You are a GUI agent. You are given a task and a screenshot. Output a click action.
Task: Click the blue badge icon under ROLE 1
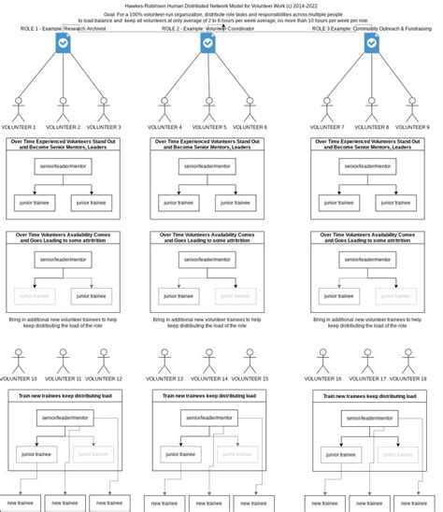tap(64, 43)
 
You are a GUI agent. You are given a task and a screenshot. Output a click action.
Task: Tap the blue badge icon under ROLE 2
tap(207, 43)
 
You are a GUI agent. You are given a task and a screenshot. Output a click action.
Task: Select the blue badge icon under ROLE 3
tap(371, 43)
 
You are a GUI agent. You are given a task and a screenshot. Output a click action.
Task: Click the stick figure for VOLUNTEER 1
tap(19, 107)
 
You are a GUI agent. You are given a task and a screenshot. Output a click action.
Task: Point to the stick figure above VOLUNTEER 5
tap(207, 107)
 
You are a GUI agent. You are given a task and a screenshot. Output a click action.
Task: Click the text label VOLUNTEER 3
tap(103, 127)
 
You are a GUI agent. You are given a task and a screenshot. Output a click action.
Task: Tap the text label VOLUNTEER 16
tap(326, 378)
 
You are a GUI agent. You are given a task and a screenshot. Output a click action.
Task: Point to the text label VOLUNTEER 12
tap(104, 378)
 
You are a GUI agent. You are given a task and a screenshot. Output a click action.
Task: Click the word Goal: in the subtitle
tap(110, 15)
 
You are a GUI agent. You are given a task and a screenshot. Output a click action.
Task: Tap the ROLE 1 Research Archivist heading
tap(63, 29)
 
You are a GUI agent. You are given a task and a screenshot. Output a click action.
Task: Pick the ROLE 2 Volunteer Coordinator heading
tap(207, 29)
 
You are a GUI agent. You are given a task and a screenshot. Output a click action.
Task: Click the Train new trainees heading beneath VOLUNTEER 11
tap(64, 396)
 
